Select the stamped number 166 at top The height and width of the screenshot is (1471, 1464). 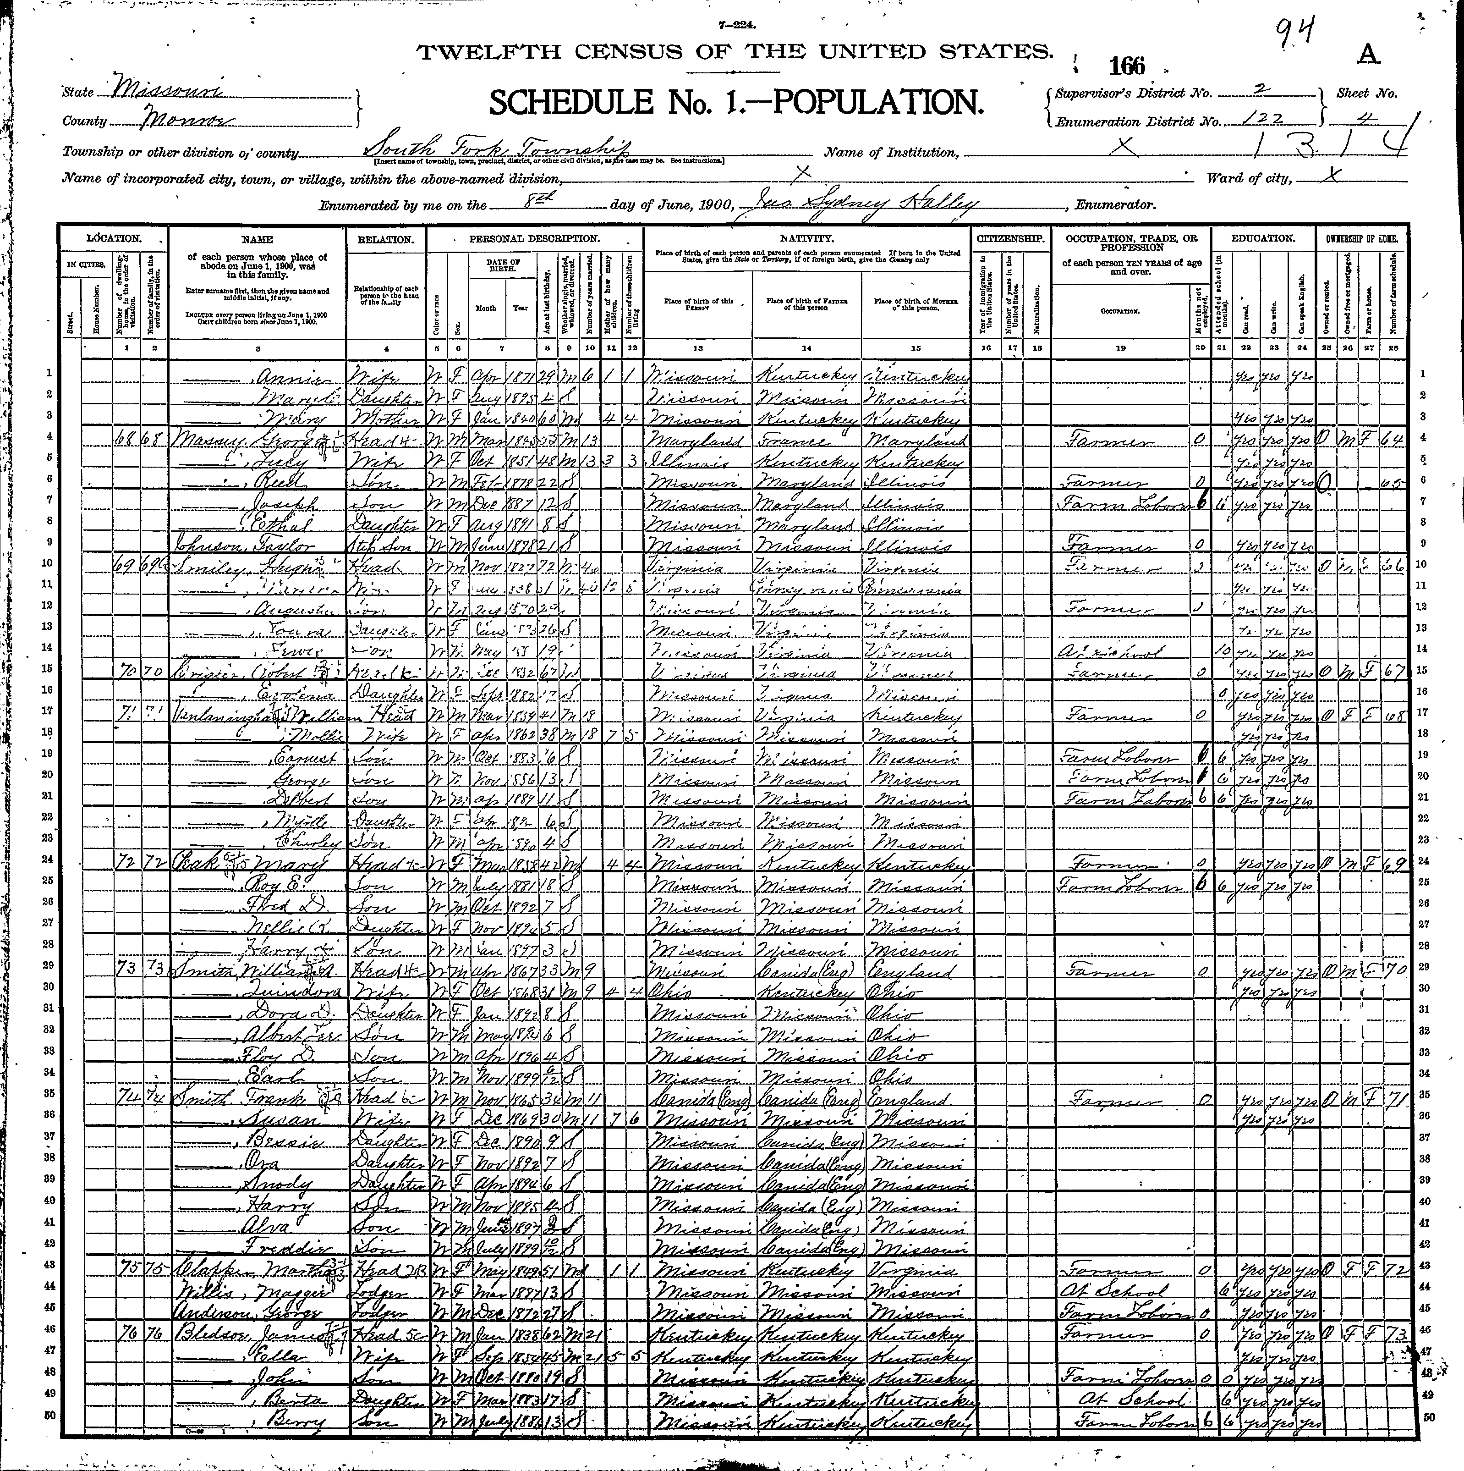coord(1126,66)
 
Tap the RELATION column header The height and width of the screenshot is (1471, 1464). coord(386,239)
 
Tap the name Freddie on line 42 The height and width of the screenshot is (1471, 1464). coord(274,1247)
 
